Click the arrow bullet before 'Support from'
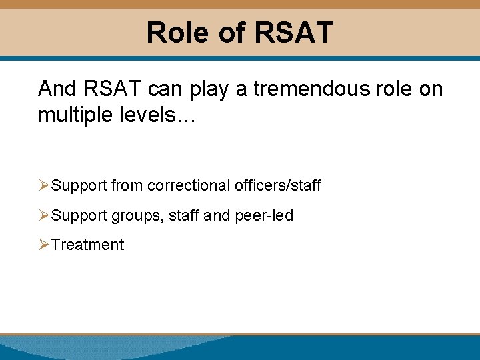click(44, 185)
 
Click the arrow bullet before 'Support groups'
click(44, 215)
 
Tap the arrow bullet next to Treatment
click(44, 245)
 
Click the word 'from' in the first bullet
click(127, 185)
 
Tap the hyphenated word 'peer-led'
click(264, 215)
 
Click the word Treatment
click(87, 245)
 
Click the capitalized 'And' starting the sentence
click(57, 89)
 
